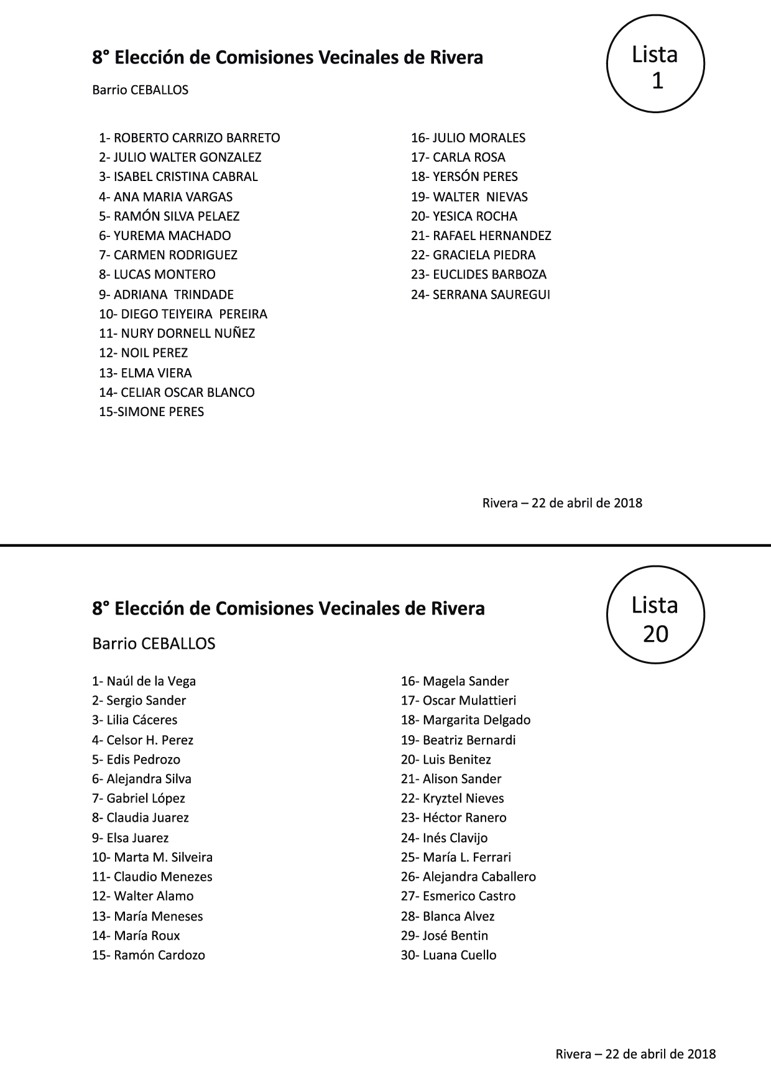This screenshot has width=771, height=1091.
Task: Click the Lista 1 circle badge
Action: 655,64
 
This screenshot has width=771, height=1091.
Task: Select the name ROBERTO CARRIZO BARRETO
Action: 196,138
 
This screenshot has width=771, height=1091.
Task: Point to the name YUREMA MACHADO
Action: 172,236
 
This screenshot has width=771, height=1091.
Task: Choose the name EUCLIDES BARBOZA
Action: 489,274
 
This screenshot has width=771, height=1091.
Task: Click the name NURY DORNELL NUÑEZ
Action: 188,333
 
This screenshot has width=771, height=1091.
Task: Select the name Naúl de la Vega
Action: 151,681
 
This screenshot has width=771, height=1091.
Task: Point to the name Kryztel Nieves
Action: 463,798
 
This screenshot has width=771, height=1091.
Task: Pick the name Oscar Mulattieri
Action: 469,700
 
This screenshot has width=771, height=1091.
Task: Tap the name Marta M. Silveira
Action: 163,857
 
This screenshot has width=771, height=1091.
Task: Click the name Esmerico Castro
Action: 469,896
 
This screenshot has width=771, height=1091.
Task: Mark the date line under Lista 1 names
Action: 562,503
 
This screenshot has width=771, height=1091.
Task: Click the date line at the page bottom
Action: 635,1054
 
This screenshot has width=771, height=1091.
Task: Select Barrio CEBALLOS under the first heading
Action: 140,90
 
